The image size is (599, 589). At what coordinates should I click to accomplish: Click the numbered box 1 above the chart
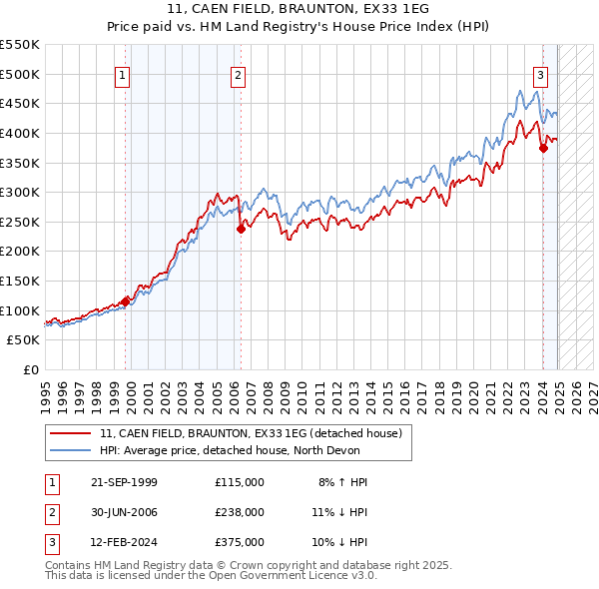pos(122,73)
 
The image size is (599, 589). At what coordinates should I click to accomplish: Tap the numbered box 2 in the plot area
pos(239,73)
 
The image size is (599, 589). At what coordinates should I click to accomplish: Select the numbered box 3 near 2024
pos(540,73)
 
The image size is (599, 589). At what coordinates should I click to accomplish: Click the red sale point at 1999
pos(126,300)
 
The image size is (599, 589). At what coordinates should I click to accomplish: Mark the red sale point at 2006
pos(241,229)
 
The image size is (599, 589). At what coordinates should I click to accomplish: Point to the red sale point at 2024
pos(543,148)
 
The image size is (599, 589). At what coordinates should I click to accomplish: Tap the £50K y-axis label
pos(23,340)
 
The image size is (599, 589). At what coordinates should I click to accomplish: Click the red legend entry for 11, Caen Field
pos(250,433)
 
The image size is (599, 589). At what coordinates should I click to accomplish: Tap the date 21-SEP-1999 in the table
pos(123,482)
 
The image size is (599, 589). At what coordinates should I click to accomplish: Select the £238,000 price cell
pos(240,512)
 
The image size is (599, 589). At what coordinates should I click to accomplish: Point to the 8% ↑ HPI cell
pos(343,482)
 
